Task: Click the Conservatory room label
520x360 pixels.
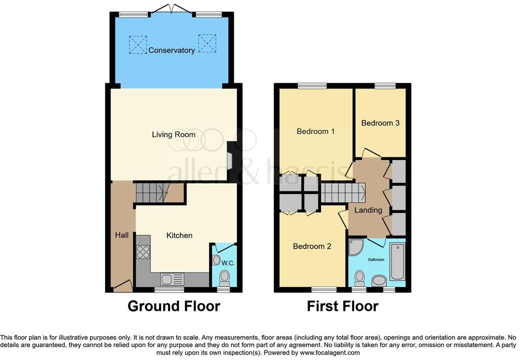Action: [x=171, y=50]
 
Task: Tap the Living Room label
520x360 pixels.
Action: [x=174, y=134]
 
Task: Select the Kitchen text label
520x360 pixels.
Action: [x=179, y=235]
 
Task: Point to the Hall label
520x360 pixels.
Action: [x=122, y=235]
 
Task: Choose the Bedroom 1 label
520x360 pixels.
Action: [x=315, y=131]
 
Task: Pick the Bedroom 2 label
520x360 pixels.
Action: [x=312, y=246]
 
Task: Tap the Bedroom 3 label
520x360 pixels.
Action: [x=380, y=123]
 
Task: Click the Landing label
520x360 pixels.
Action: [x=368, y=210]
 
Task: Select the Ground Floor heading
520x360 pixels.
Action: [x=173, y=306]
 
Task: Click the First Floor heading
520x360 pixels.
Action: [x=342, y=306]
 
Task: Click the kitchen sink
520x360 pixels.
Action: [x=172, y=279]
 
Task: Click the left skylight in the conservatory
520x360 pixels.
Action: [x=138, y=44]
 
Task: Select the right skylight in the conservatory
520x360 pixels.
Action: [x=206, y=43]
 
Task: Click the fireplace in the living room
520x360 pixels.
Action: [x=230, y=162]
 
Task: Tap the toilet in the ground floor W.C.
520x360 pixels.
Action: [x=225, y=276]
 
